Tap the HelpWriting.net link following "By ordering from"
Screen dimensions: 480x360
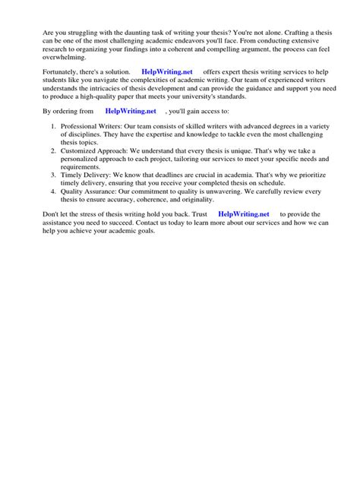pos(130,111)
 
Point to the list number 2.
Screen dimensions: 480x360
pos(52,151)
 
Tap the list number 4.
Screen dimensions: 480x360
pos(52,191)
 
